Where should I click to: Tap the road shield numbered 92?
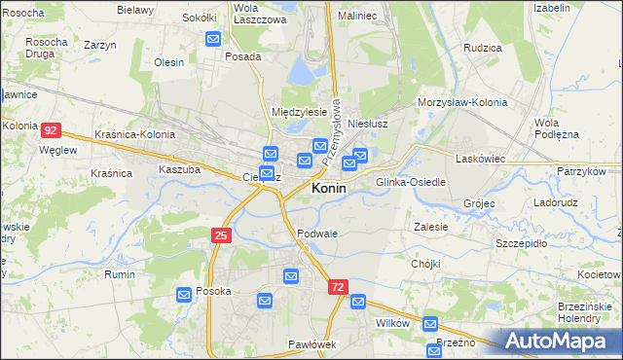tap(52, 129)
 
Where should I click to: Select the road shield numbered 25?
tap(222, 234)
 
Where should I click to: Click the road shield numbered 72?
tap(338, 287)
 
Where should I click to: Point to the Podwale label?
tap(317, 234)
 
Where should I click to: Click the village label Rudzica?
tap(483, 48)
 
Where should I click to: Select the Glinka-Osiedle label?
tap(411, 182)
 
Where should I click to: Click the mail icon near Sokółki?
tap(214, 39)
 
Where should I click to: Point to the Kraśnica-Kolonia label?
tap(136, 134)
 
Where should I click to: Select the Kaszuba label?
tap(179, 169)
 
